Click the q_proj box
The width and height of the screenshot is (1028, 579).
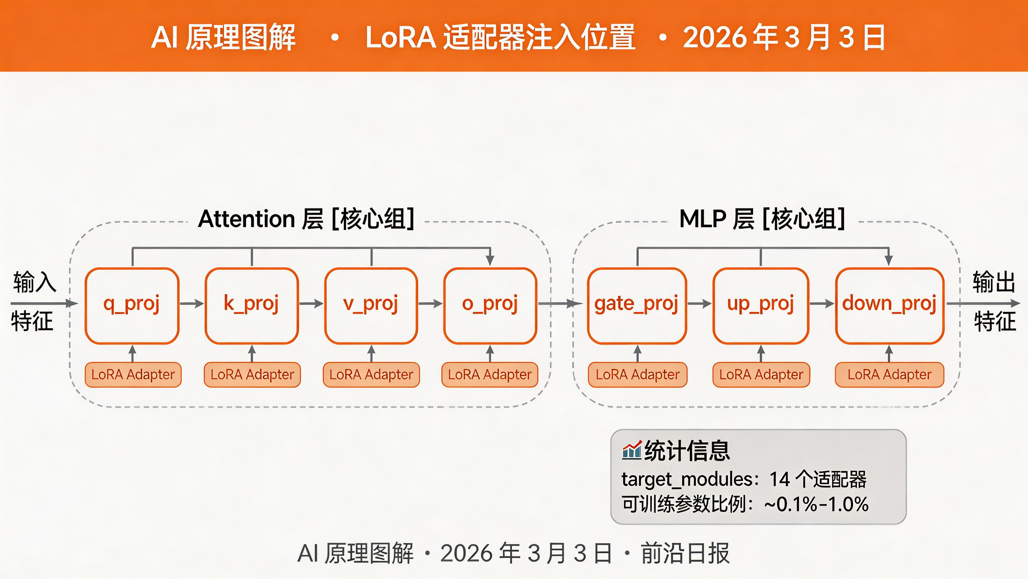(x=132, y=306)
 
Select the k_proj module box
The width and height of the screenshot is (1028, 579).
(x=251, y=306)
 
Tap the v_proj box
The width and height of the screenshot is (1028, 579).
(x=371, y=306)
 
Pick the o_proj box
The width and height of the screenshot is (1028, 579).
(x=490, y=306)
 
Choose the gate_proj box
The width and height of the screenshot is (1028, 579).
(x=637, y=306)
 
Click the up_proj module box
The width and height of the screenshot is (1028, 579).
(x=761, y=306)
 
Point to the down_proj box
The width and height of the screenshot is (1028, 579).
(x=889, y=306)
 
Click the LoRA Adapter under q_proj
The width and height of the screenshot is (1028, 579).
(x=133, y=375)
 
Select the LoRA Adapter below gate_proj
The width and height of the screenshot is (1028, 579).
(x=637, y=375)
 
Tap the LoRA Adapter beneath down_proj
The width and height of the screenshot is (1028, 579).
(x=889, y=375)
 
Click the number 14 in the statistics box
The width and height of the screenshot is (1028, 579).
(x=779, y=479)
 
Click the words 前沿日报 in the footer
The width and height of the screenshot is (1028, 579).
(x=685, y=553)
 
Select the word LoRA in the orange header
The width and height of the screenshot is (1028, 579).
(x=401, y=37)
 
